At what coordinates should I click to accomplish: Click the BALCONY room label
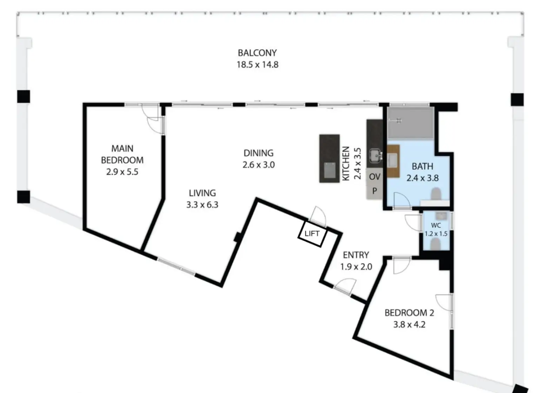coord(257,53)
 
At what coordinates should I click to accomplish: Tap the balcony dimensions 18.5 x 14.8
coord(257,65)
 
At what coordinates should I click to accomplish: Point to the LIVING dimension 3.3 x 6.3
coord(202,205)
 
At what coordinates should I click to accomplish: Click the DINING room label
coord(258,153)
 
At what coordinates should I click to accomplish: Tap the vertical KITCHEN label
coord(346,164)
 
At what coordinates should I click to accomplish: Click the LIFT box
coord(312,234)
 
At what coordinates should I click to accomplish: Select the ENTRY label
coord(356,255)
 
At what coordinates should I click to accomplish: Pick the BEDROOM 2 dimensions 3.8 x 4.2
coord(409,325)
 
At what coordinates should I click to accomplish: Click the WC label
coord(436,225)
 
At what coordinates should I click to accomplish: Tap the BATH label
coord(422,166)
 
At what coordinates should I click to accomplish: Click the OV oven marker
coord(374,177)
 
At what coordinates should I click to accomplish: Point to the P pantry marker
coord(374,191)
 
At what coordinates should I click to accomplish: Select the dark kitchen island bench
coord(329,158)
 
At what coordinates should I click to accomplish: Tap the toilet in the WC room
coord(435,244)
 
